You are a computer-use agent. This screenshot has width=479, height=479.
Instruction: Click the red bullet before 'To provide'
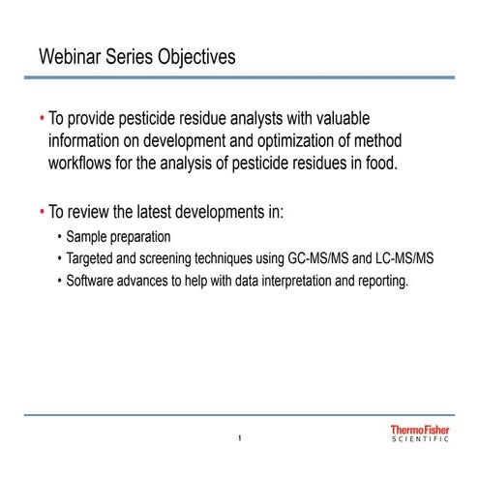click(42, 118)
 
